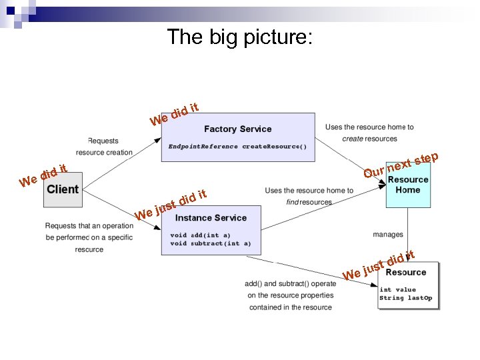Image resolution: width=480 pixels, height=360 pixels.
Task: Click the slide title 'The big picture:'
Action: tap(239, 37)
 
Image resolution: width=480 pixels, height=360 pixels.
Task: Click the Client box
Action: tap(63, 189)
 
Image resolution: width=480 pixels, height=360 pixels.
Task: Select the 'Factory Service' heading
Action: tap(237, 129)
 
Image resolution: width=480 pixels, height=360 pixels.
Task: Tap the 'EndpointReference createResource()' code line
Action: tap(237, 146)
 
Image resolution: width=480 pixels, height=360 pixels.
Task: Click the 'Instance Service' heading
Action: tap(211, 218)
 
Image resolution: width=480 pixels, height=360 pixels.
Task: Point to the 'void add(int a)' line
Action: tap(200, 235)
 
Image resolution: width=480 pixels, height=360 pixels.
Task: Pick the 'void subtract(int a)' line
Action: tap(211, 244)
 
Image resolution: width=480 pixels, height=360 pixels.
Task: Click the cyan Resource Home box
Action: tap(408, 185)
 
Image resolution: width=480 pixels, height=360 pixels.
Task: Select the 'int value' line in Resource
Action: tap(397, 290)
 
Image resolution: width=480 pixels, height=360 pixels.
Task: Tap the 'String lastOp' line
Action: tap(405, 298)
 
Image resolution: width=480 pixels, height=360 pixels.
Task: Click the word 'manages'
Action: tap(388, 235)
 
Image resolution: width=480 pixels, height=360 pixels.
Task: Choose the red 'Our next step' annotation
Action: tap(400, 166)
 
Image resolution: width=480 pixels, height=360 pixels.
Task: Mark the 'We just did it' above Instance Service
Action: tap(172, 205)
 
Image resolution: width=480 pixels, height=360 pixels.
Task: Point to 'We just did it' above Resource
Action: tap(378, 265)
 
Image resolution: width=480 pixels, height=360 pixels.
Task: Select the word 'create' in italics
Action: tap(353, 139)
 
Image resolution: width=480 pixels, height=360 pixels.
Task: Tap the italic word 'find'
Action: tap(292, 202)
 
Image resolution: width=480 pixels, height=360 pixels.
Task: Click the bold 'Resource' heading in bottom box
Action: tap(405, 272)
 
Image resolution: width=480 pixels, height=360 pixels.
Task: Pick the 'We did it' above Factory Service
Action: tap(175, 113)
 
